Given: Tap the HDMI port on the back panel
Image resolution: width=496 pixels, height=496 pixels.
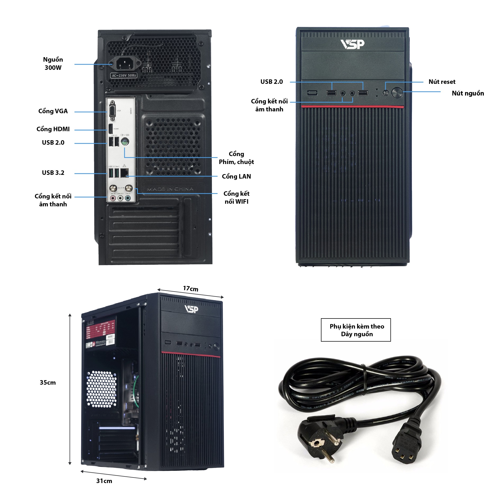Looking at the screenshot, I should (x=111, y=129).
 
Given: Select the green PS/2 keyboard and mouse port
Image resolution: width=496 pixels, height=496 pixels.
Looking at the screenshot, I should (x=125, y=142).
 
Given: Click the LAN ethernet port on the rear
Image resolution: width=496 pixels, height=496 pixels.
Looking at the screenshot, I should (x=124, y=173).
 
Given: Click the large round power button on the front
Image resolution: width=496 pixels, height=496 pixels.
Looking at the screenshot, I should (x=397, y=93).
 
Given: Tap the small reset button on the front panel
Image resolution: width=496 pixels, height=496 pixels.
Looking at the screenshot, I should (x=386, y=93).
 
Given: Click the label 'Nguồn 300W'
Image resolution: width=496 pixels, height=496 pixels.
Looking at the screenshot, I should (x=53, y=63).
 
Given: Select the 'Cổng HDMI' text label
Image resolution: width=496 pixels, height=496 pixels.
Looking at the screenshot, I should (x=53, y=129).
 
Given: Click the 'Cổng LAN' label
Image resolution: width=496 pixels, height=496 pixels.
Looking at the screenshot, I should (x=236, y=176).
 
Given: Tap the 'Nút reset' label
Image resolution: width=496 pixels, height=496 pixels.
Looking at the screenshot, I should (x=442, y=82).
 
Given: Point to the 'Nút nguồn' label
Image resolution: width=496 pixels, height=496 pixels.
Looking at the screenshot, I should (x=468, y=93).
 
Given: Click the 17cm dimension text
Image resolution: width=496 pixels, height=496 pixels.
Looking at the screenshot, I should (x=190, y=289).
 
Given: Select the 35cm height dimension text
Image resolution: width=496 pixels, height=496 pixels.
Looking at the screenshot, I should (x=48, y=383).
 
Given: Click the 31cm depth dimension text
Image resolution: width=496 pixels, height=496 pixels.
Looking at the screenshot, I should (x=104, y=481).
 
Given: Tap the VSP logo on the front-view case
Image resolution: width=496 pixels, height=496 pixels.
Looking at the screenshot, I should (x=352, y=44).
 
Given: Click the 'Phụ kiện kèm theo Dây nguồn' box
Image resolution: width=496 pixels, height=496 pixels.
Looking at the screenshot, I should (x=356, y=330).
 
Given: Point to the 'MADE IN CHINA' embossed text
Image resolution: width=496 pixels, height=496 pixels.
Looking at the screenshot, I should (x=170, y=189).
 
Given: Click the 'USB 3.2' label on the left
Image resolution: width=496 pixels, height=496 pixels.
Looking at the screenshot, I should (x=53, y=173).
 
